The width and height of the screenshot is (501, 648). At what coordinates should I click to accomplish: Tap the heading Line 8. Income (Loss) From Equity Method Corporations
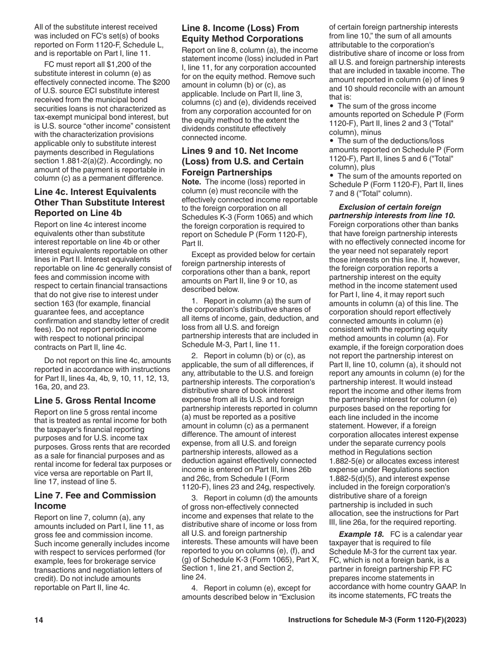coord(242,33)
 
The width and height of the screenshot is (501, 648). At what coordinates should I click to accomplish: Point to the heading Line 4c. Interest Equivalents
coord(99,202)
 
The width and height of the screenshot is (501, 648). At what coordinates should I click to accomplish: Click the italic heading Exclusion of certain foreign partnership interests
coord(392,211)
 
